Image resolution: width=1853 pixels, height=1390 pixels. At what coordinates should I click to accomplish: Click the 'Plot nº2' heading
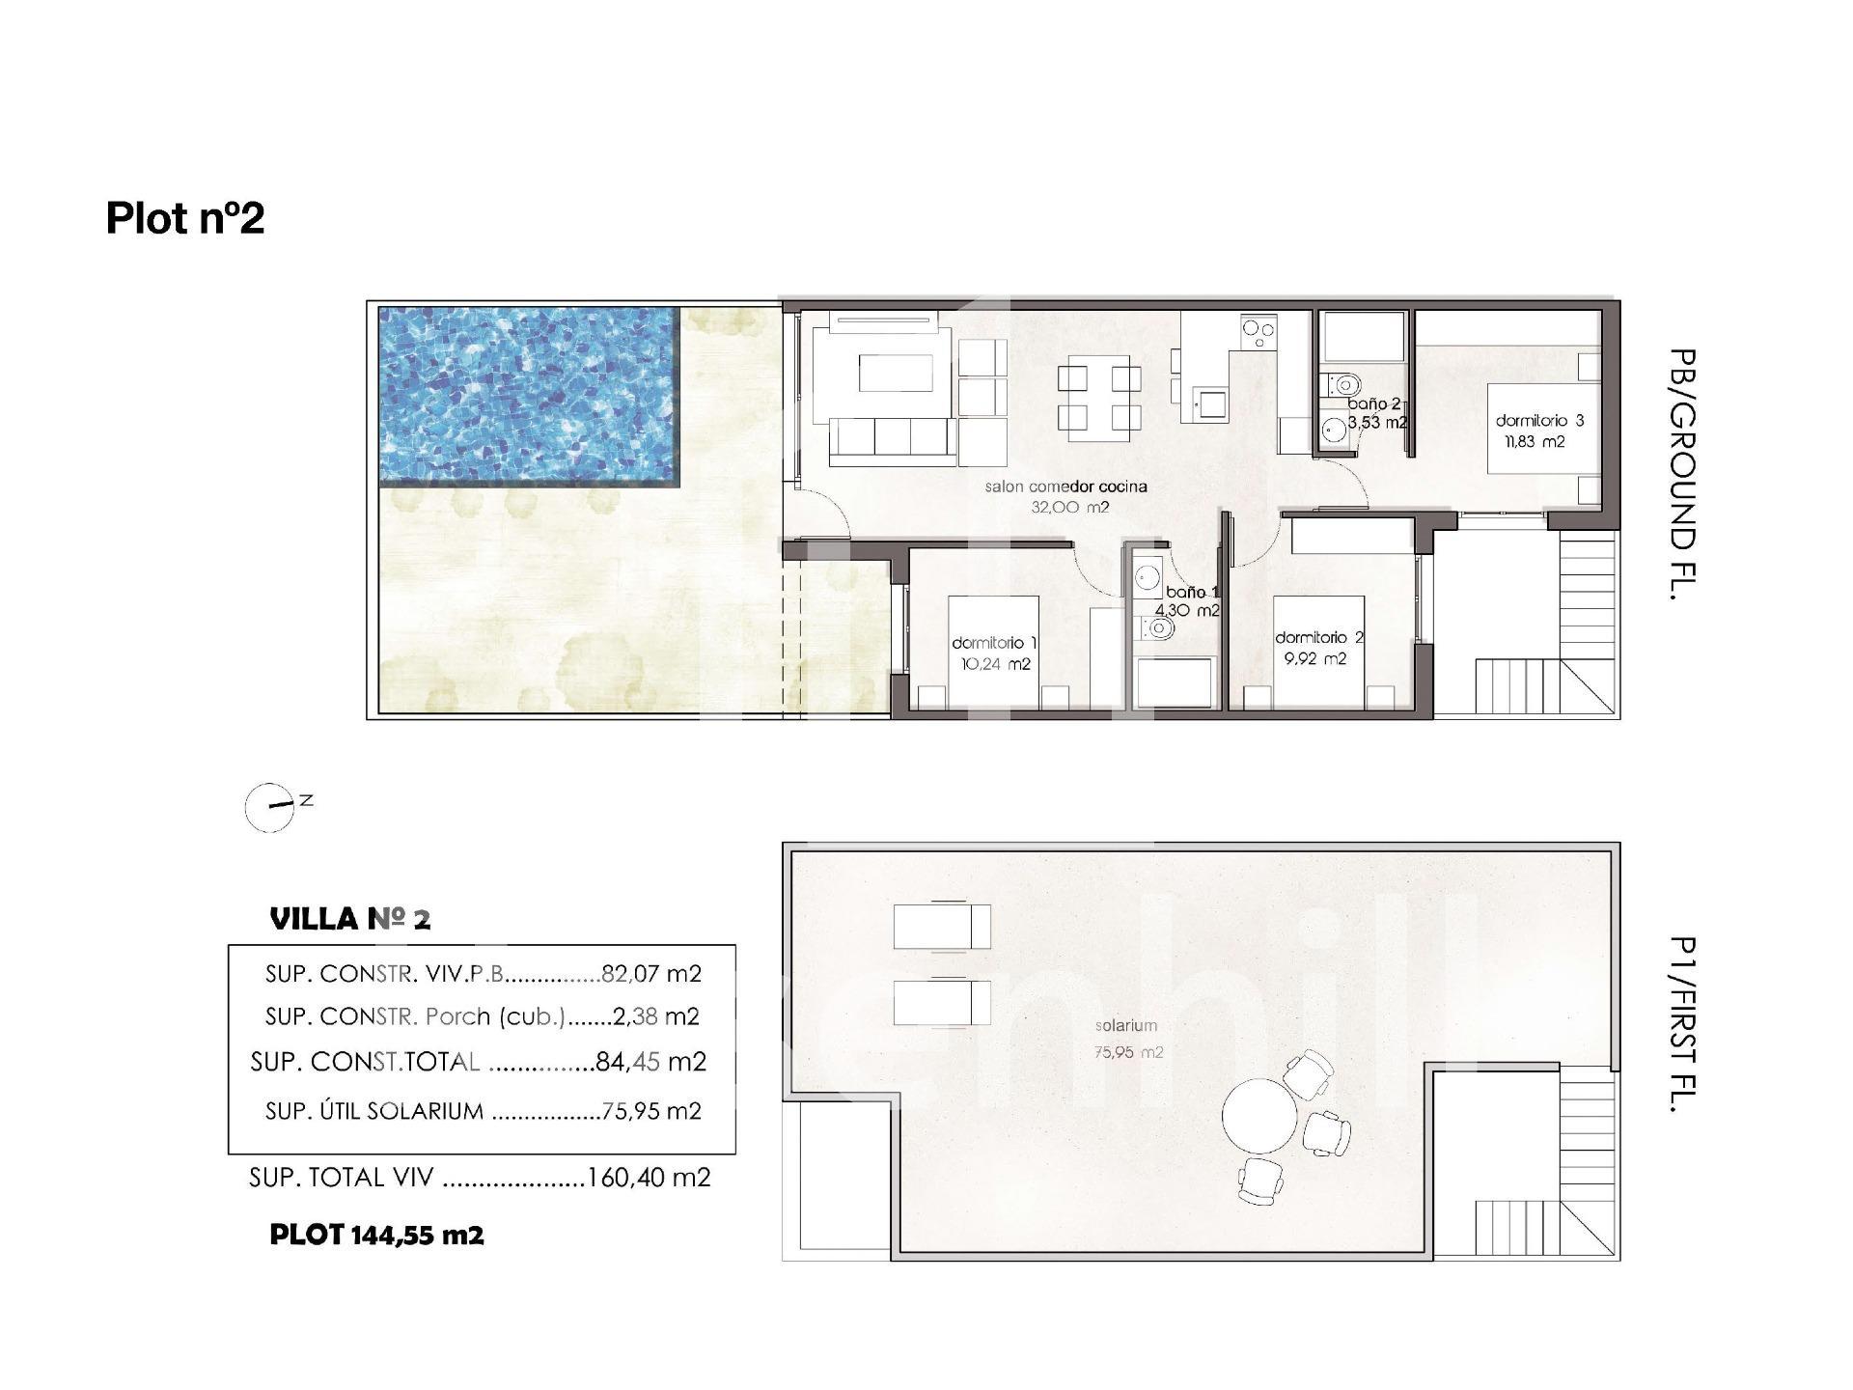tap(185, 218)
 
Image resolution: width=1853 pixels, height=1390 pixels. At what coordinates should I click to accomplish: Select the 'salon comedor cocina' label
tap(1065, 486)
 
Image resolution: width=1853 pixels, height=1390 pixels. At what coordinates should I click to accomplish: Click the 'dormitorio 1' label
tap(995, 643)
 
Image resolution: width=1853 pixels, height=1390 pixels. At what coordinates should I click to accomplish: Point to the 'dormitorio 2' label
tap(1319, 638)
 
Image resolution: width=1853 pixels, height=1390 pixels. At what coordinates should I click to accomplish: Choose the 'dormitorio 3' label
tap(1539, 421)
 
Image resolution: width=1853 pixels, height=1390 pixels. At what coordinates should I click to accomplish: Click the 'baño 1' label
tap(1193, 592)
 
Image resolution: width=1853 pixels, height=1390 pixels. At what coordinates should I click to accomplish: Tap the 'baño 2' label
tap(1373, 404)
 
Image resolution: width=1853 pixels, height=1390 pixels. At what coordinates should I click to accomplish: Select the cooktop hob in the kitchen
tap(1257, 333)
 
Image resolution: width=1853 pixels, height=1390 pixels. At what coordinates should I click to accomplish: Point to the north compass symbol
tap(270, 807)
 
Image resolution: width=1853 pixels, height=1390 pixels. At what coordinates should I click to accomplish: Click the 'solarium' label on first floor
tap(1125, 1026)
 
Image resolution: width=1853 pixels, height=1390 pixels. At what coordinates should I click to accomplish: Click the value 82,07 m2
tap(650, 974)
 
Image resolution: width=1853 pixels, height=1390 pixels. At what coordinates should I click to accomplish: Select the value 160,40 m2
tap(649, 1178)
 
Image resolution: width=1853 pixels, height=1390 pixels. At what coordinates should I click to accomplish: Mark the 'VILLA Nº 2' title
tap(350, 919)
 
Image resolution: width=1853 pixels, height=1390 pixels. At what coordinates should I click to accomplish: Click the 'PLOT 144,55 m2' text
tap(376, 1235)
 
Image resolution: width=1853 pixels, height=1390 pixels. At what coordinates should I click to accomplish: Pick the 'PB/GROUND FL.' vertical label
tap(1681, 475)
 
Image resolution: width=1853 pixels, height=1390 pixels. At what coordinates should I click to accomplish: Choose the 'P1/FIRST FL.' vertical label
tap(1681, 1025)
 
